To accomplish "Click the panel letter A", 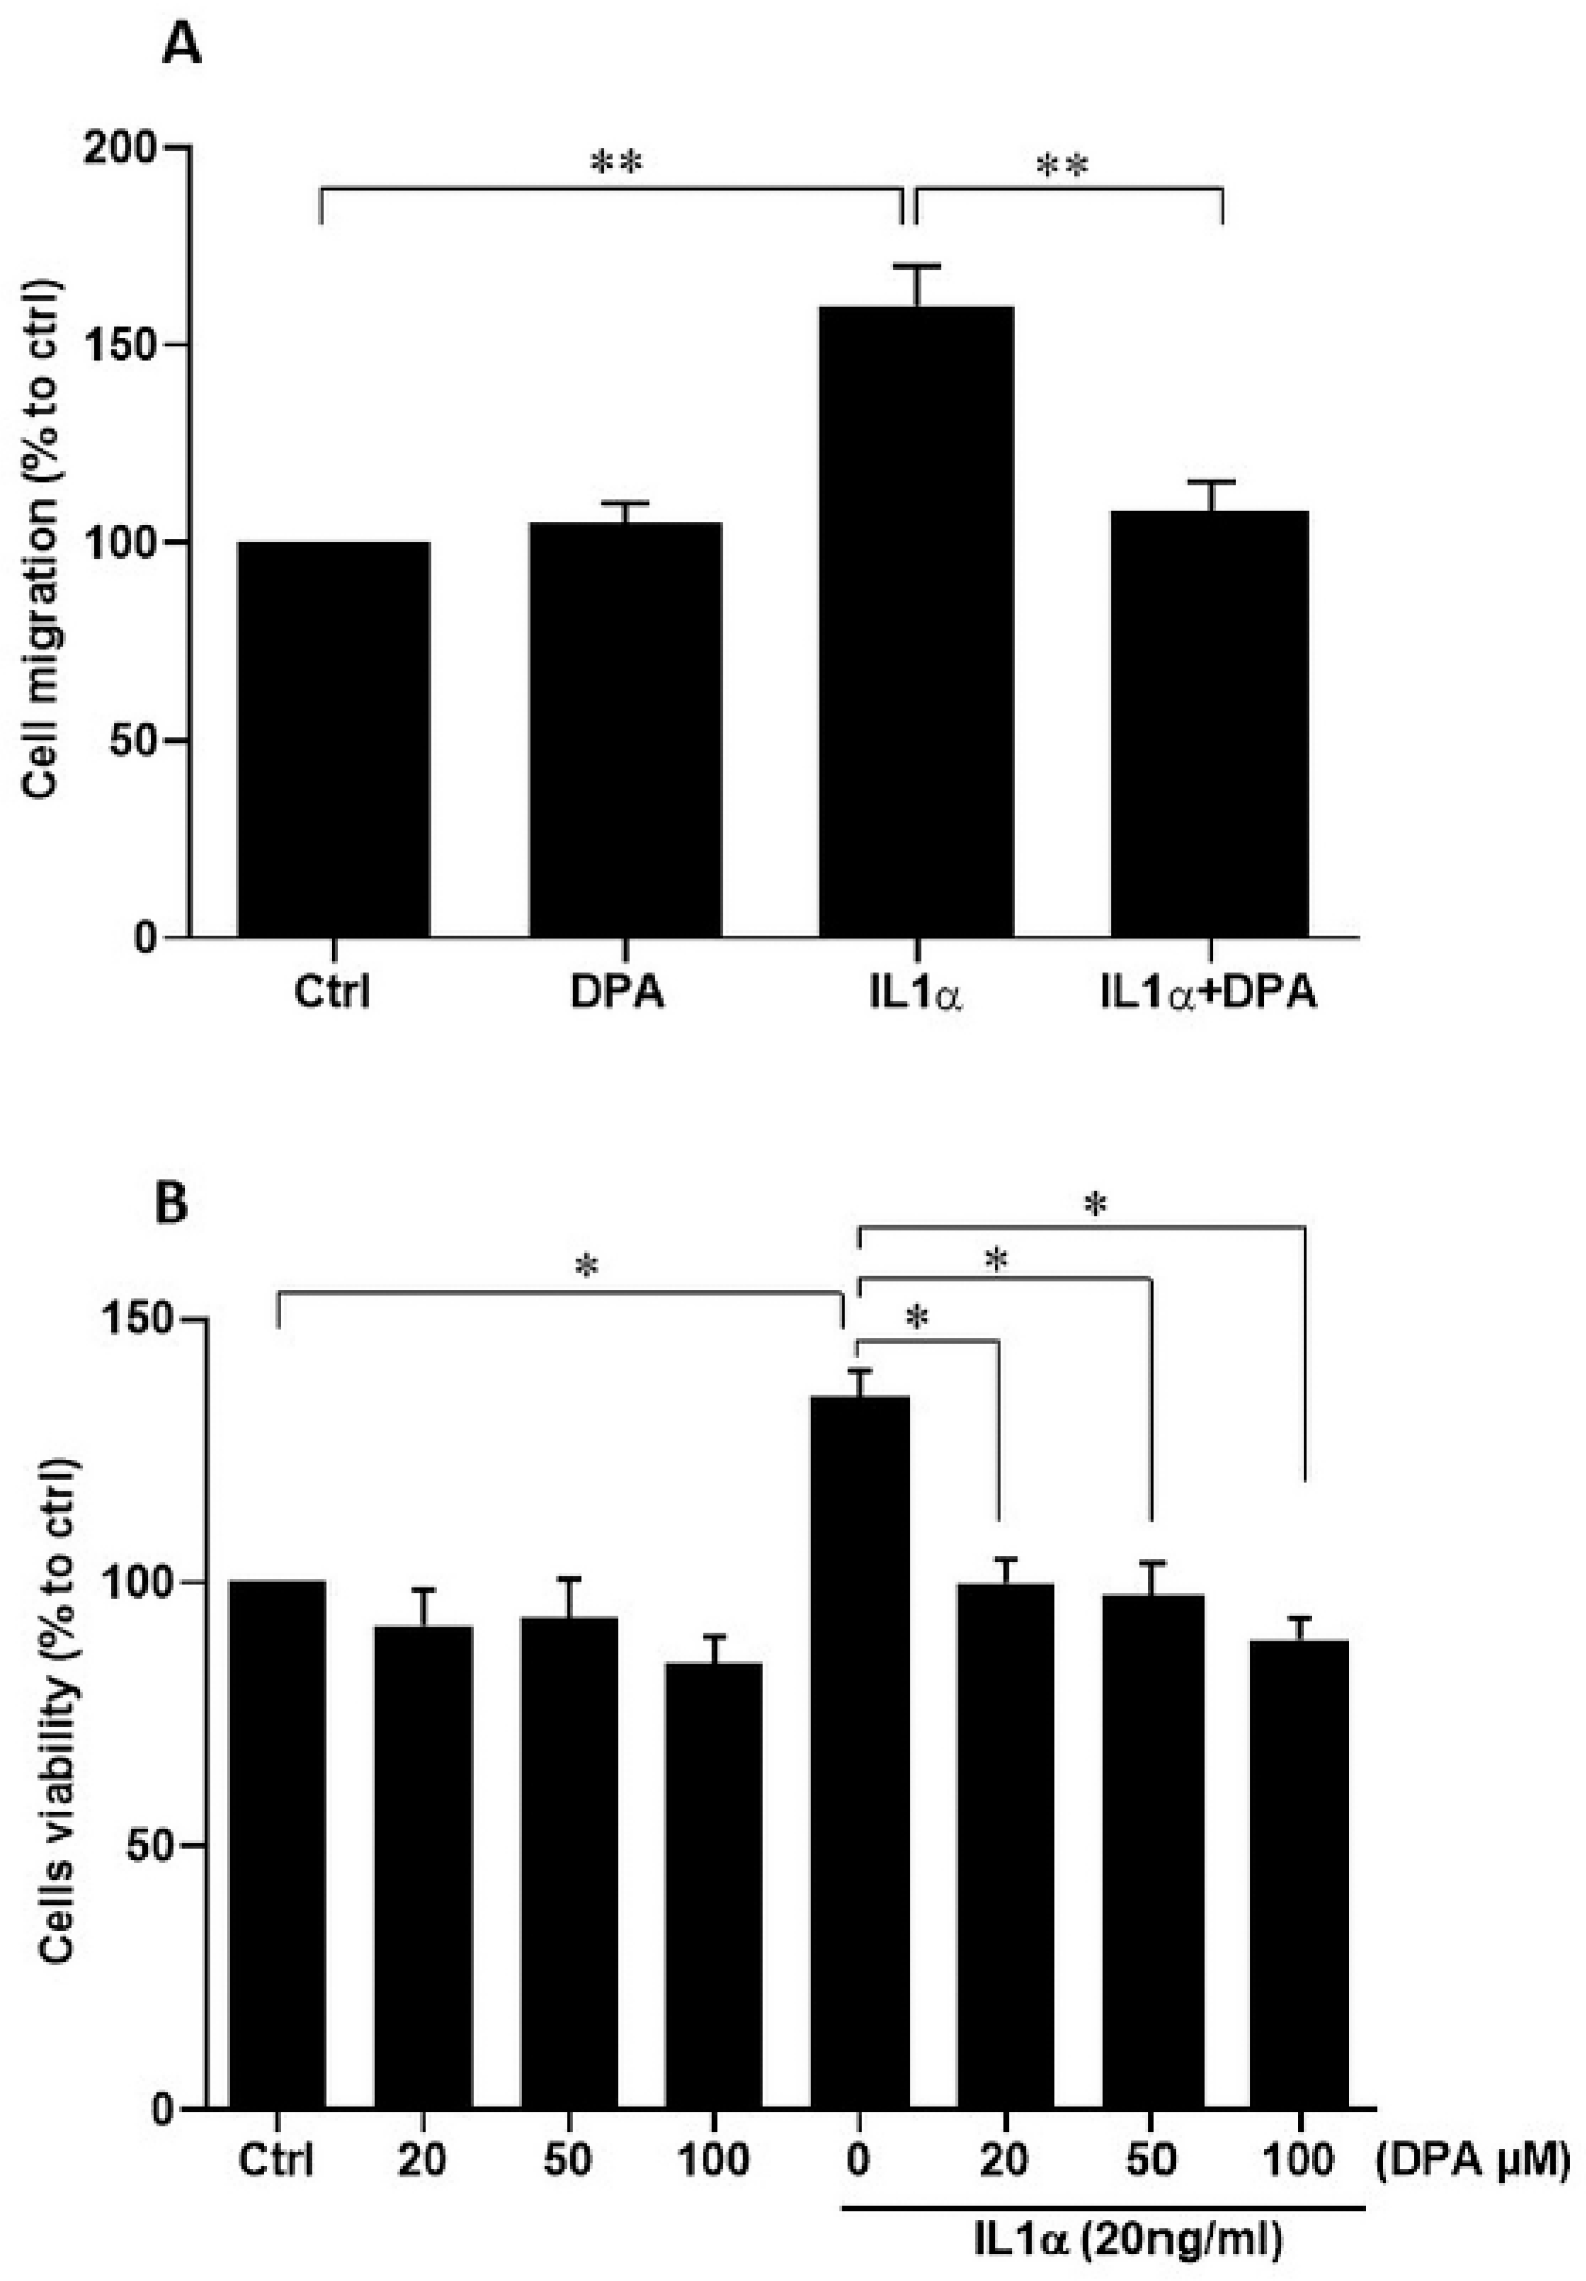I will click(182, 45).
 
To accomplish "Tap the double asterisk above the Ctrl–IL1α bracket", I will click(616, 162).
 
